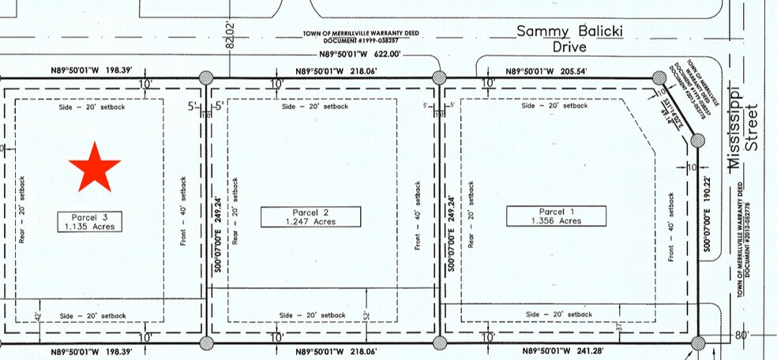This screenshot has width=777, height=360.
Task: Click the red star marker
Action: (94, 167)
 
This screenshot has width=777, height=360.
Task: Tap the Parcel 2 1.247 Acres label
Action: (310, 216)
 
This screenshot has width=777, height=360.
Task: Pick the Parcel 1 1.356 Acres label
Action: (556, 216)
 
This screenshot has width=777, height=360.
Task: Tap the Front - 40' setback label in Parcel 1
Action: (670, 226)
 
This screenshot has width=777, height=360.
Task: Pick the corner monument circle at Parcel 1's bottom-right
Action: (697, 343)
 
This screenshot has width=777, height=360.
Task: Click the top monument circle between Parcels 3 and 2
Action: (206, 77)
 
